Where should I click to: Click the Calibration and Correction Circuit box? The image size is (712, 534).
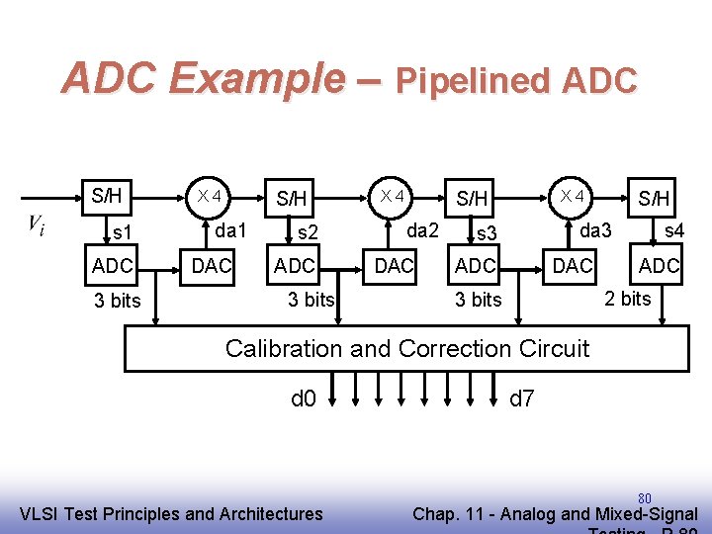tap(405, 348)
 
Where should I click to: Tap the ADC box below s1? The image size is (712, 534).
tap(113, 265)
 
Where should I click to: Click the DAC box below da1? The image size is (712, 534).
tap(211, 265)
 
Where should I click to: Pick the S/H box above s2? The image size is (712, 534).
tap(291, 198)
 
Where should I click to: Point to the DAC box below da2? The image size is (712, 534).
tap(394, 265)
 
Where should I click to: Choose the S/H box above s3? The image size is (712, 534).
tap(472, 198)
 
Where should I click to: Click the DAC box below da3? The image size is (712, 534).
tap(573, 265)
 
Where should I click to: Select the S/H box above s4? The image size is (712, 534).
tap(654, 198)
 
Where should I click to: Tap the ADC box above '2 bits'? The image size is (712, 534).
tap(659, 265)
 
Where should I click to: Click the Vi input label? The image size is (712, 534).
tap(36, 225)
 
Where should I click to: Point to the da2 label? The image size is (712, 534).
tap(423, 230)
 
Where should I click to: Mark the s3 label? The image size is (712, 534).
tap(486, 234)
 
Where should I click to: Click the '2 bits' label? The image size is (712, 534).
tap(628, 298)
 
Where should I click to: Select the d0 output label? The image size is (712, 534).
tap(303, 400)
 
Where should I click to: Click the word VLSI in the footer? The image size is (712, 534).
tap(44, 513)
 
